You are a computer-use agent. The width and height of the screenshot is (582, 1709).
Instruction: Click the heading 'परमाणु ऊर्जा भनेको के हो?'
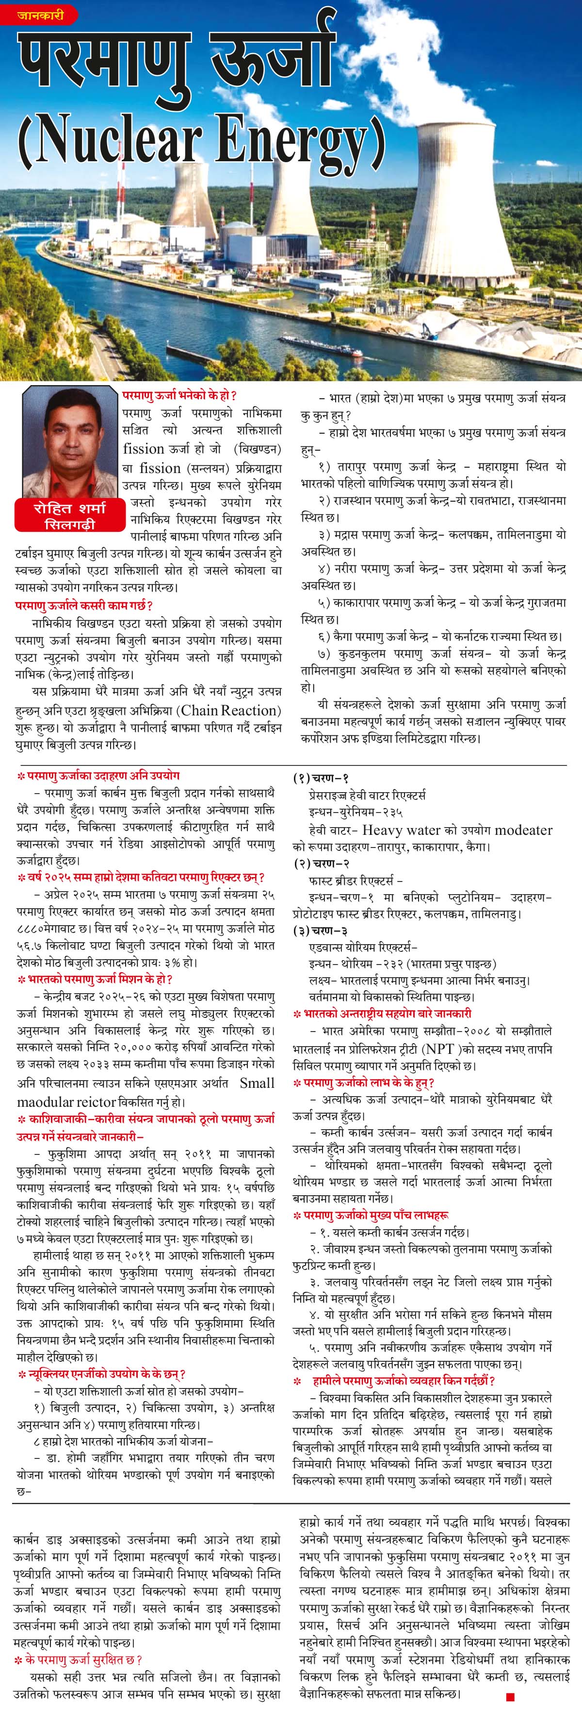179,396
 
